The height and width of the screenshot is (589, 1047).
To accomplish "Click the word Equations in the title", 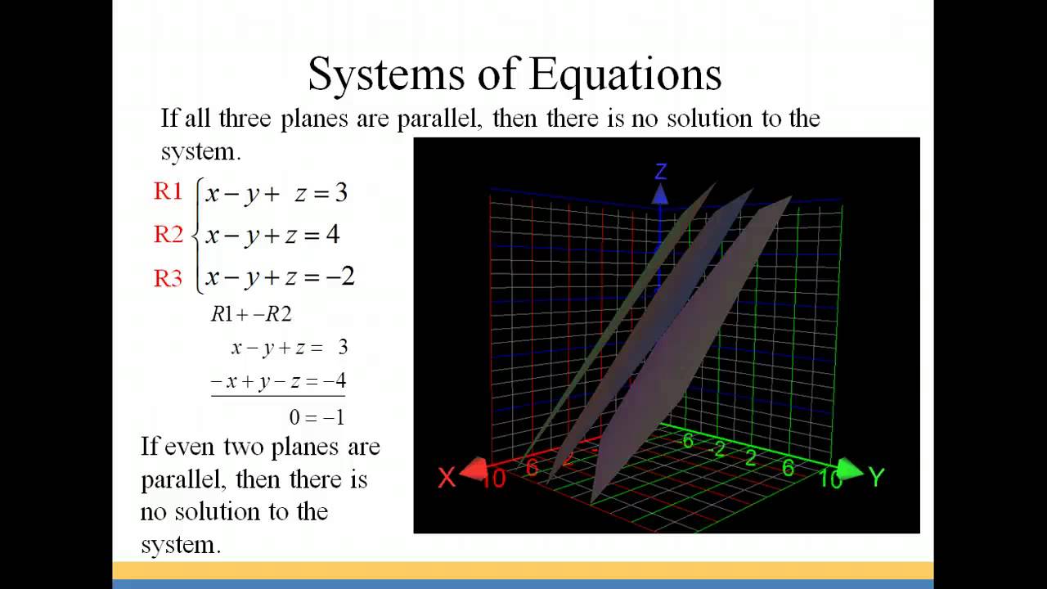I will point(626,74).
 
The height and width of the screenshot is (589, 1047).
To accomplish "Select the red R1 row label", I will point(168,191).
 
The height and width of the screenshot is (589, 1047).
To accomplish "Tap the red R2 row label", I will point(168,235).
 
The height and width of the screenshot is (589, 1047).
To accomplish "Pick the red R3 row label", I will point(168,278).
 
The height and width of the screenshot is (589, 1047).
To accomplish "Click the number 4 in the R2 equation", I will point(332,235).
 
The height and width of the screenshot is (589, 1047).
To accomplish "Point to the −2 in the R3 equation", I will point(340,277).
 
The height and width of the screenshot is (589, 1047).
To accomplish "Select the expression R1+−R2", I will point(251,314).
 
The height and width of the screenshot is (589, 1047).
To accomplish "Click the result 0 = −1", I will point(317,417).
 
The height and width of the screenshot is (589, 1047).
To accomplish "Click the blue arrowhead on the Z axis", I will point(660,194).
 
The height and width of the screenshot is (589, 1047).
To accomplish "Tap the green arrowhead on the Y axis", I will point(850,470).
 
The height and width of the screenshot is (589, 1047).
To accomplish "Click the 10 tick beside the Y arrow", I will point(829,479).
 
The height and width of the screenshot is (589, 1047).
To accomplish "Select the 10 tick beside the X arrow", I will point(494,479).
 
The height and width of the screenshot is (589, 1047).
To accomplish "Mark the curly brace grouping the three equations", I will point(195,236).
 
